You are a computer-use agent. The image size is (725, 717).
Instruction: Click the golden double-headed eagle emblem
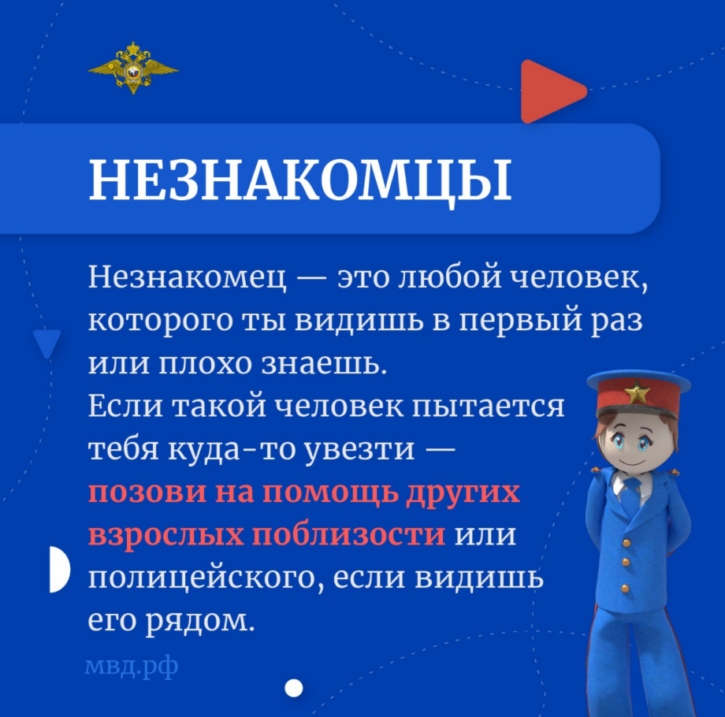coord(133,69)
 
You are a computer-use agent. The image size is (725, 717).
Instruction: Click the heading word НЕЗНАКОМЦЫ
coord(300,180)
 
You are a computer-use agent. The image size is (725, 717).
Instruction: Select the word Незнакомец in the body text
coord(188,277)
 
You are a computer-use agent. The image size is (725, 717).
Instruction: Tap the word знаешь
coord(324,363)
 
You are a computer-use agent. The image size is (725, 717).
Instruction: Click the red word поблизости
coord(349,534)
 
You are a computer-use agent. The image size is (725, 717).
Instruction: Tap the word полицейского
coord(206,578)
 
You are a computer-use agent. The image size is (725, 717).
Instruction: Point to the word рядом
coord(200,621)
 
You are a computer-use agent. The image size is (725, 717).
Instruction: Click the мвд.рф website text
coord(132,667)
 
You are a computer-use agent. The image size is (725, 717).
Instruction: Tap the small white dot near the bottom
coord(294,688)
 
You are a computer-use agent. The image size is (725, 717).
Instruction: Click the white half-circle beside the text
coord(60,569)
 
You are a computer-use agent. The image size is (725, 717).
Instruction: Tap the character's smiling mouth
coord(631,463)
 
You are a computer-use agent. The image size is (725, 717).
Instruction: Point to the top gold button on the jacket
coord(626,542)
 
